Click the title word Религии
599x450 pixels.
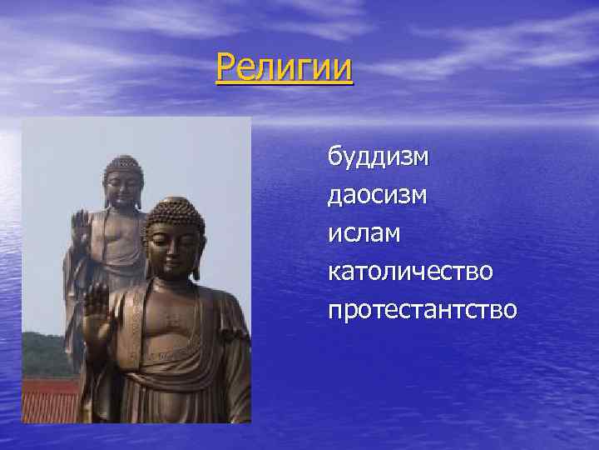[x=284, y=67]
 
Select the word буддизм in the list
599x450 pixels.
[x=378, y=156]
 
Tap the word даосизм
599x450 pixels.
[x=378, y=195]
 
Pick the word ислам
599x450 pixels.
[x=364, y=234]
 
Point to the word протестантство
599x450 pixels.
[x=423, y=311]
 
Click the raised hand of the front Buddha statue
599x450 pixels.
[x=95, y=308]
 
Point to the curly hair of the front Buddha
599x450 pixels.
[x=173, y=215]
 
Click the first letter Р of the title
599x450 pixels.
[x=225, y=67]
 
